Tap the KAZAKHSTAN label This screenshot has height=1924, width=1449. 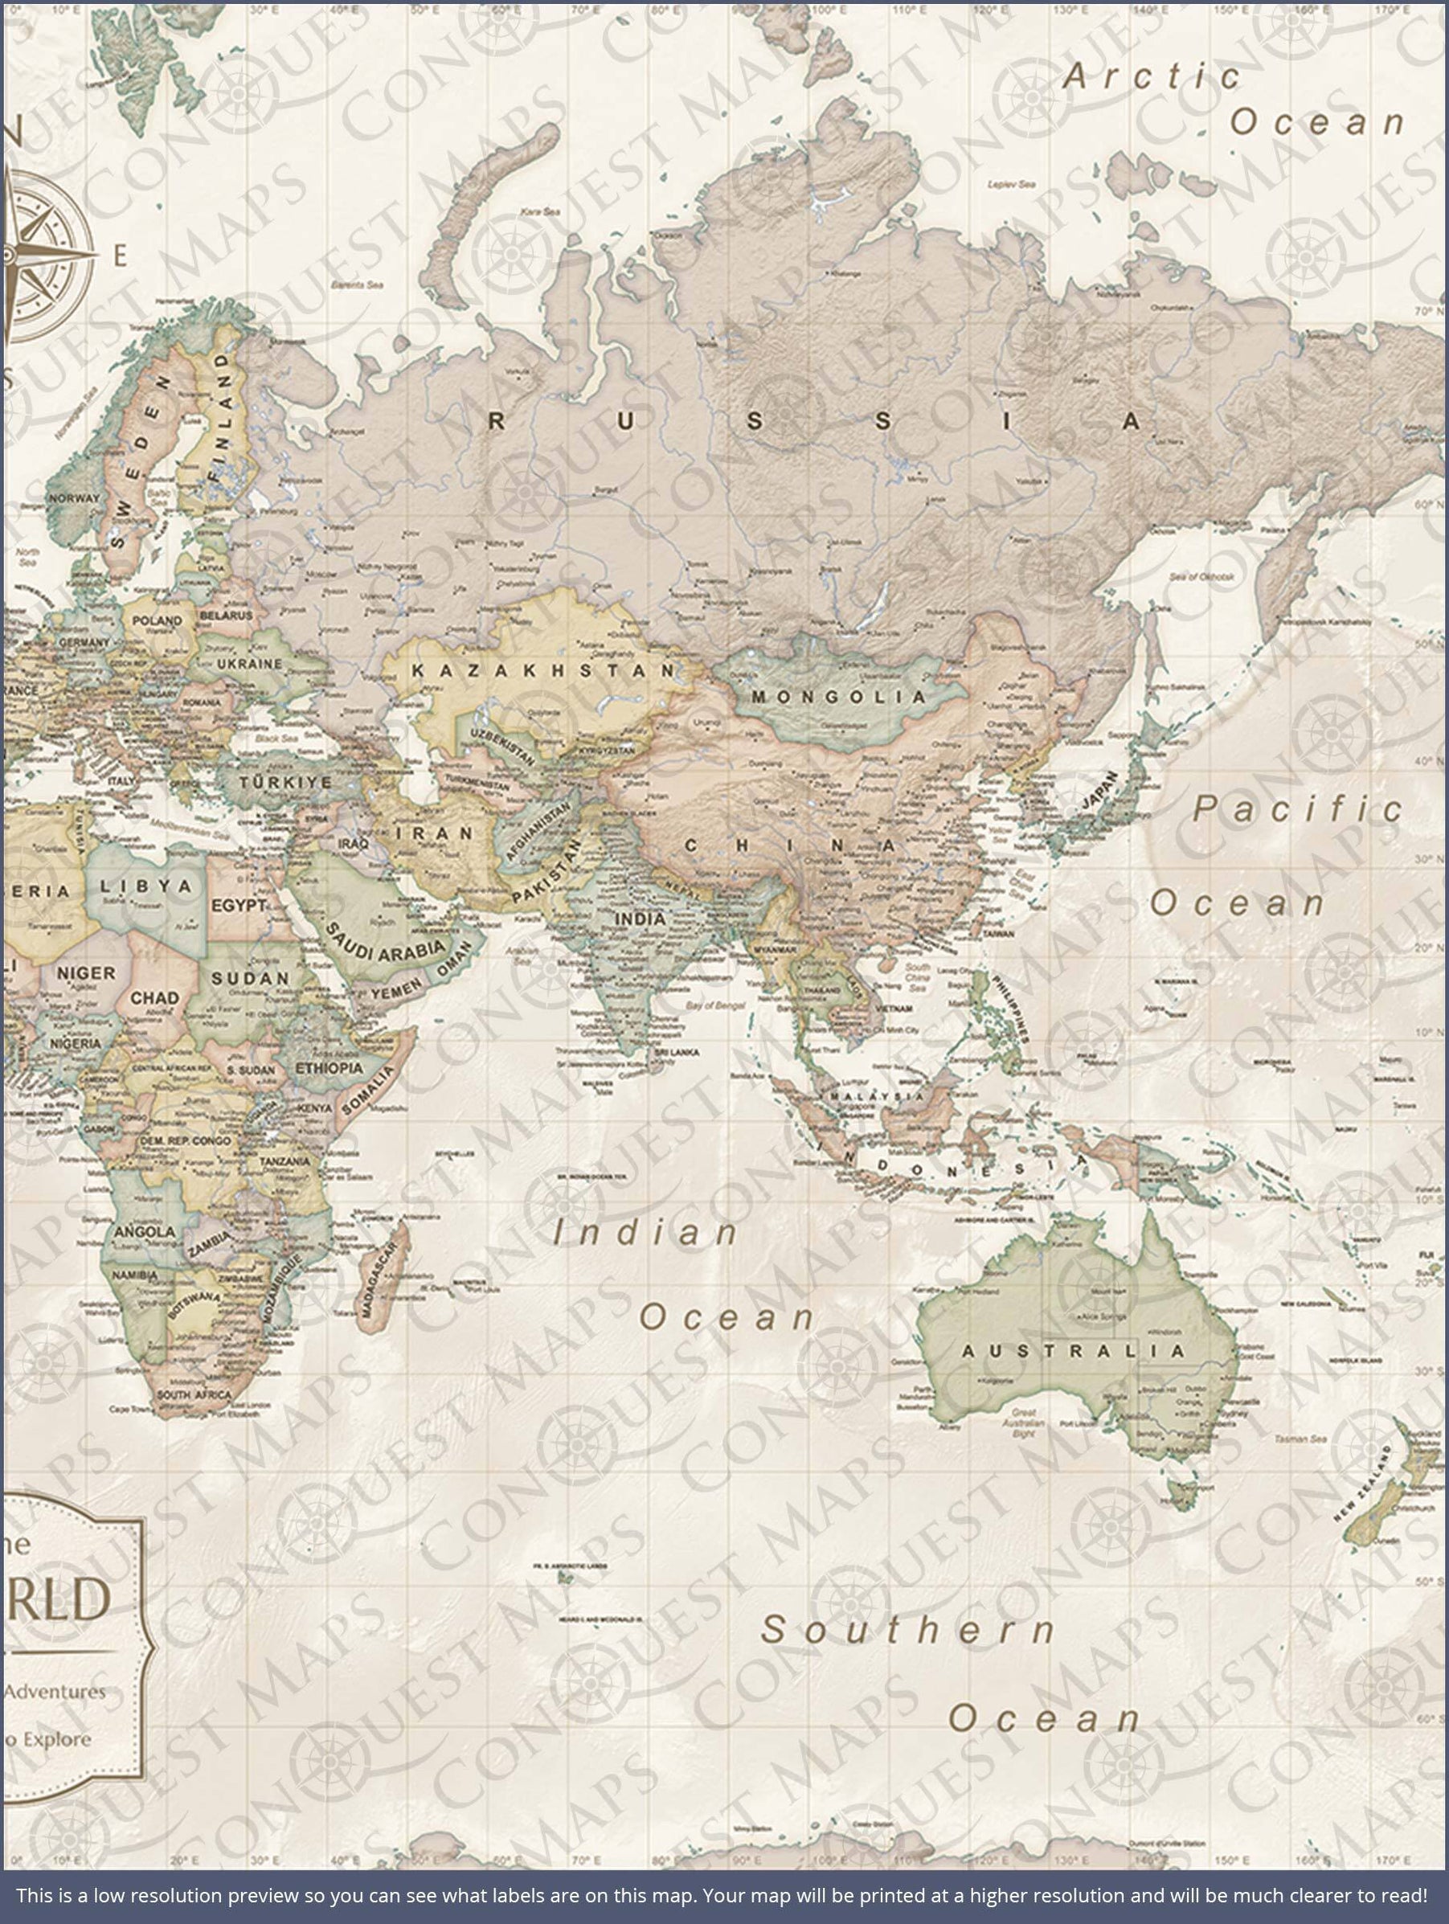click(542, 670)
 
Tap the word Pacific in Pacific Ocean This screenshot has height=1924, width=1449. click(1297, 809)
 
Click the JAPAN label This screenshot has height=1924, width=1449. click(1098, 790)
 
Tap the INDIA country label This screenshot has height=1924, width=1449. click(641, 919)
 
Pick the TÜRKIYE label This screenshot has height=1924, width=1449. click(286, 782)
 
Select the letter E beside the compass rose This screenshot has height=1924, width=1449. click(121, 255)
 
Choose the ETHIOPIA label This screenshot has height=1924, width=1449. click(329, 1067)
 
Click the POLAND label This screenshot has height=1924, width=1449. click(158, 620)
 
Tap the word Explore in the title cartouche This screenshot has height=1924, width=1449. click(56, 1740)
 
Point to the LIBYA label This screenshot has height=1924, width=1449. click(145, 887)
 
